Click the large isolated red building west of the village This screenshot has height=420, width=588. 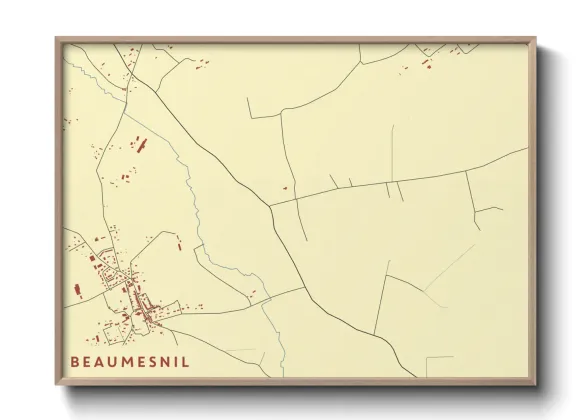[x=77, y=290]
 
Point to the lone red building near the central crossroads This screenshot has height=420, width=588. [x=284, y=187]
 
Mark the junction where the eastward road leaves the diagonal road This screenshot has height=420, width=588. [x=270, y=205]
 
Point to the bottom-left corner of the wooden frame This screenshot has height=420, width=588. [x=57, y=384]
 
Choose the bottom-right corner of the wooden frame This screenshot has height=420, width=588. [x=535, y=384]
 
